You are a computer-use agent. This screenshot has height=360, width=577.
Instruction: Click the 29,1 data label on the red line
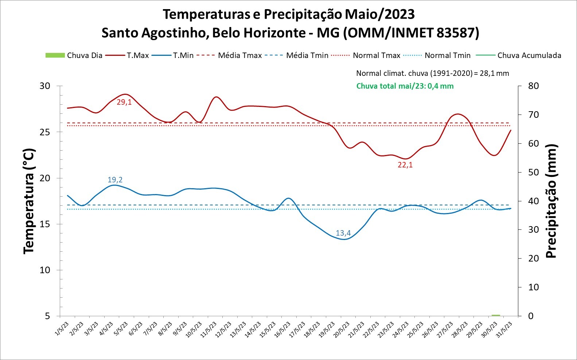pos(124,102)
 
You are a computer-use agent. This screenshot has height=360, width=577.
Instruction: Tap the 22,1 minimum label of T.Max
pos(405,165)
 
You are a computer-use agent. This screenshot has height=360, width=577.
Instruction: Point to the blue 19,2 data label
pos(115,180)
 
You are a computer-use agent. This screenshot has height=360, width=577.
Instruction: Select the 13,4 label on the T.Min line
pos(343,233)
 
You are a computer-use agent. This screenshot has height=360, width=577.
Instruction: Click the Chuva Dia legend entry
pos(74,55)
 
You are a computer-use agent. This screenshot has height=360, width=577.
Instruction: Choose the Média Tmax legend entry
pos(229,55)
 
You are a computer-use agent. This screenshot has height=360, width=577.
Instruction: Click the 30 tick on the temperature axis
pos(45,86)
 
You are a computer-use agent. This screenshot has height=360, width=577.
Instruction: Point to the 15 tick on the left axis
pos(45,224)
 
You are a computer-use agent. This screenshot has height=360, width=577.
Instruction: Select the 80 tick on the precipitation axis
pos(533,86)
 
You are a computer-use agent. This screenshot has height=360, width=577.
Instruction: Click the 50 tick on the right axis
pos(533,172)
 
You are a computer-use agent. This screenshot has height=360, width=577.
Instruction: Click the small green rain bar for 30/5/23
pos(496,315)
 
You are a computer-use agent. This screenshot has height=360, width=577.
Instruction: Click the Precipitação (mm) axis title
pos(551,201)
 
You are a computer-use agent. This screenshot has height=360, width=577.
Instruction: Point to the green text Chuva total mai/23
pos(405,86)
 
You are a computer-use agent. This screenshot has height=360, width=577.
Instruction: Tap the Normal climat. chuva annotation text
pos(432,73)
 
